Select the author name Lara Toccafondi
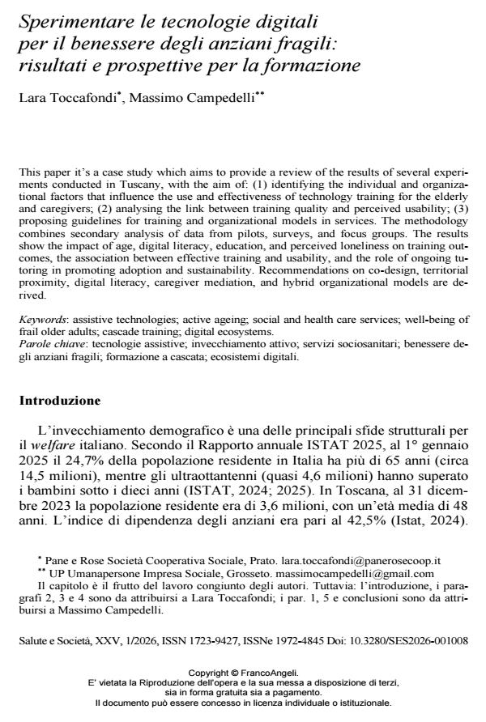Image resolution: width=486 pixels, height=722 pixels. click(68, 98)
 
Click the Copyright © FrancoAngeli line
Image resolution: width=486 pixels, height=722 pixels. click(243, 672)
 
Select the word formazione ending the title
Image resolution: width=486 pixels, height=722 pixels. click(310, 64)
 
